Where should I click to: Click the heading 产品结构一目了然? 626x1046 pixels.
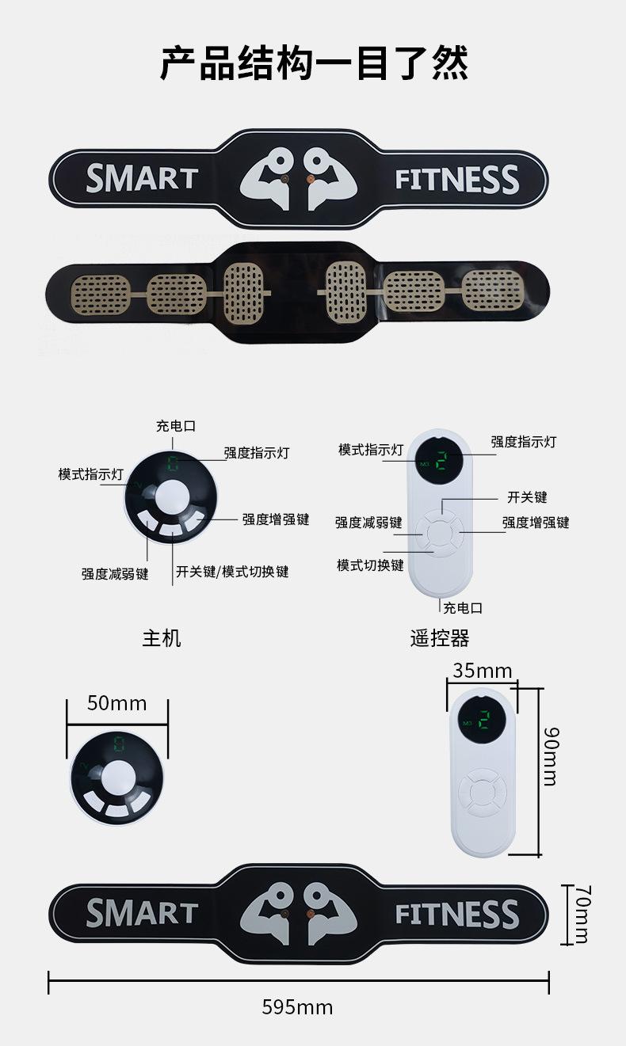click(314, 63)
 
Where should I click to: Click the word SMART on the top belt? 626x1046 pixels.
click(141, 178)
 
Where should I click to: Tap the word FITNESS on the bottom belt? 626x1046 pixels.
click(457, 915)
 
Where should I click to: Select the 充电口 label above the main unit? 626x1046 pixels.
click(175, 426)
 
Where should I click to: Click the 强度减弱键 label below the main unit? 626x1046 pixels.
click(115, 573)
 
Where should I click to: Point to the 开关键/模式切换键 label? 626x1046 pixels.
click(232, 572)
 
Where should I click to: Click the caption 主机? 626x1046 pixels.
click(162, 637)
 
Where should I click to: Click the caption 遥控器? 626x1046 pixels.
click(440, 637)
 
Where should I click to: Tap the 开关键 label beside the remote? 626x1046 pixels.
click(527, 497)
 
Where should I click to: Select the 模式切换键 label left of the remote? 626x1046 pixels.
click(370, 565)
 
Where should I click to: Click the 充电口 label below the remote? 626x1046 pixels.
click(463, 607)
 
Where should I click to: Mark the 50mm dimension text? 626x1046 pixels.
click(117, 702)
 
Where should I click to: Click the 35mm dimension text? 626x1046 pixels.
click(483, 671)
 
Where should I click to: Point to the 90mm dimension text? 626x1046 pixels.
click(550, 755)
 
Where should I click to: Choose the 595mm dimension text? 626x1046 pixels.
click(297, 1007)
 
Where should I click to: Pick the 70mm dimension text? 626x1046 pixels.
click(582, 915)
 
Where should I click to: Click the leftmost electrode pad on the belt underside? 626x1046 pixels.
click(101, 293)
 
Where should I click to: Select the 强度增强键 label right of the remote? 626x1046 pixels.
click(535, 523)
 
